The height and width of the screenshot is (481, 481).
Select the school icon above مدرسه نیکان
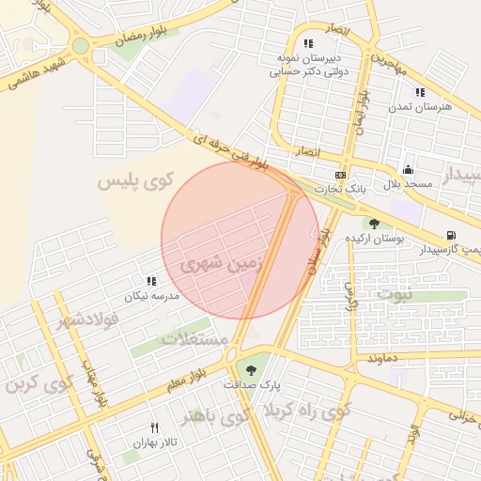click(x=151, y=281)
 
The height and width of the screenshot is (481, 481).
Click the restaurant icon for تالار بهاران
click(x=154, y=427)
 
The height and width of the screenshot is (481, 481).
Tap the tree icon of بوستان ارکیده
click(x=375, y=224)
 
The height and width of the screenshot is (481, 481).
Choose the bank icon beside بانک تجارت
click(x=339, y=175)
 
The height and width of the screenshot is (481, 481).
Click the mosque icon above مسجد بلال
click(x=408, y=170)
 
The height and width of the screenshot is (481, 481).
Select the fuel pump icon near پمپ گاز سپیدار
click(x=452, y=235)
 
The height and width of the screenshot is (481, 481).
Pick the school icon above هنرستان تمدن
click(x=420, y=92)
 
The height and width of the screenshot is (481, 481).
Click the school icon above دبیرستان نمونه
click(x=307, y=42)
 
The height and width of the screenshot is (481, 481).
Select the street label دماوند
click(x=384, y=359)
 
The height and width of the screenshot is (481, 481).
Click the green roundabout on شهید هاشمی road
click(x=81, y=45)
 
